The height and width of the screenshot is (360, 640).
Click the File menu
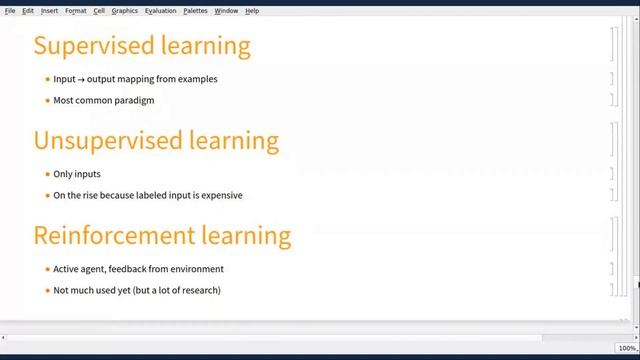coord(10,11)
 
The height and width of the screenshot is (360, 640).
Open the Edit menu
coord(28,11)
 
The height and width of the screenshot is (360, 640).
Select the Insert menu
coord(49,11)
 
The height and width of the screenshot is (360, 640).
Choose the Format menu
coord(76,11)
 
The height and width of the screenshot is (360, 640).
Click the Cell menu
coord(99,11)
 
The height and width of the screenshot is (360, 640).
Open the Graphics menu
coord(125,11)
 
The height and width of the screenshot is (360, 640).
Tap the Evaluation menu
coord(160,11)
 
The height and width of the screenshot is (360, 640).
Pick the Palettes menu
coord(195,11)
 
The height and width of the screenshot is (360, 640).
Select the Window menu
coord(226,11)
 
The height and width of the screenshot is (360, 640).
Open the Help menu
coord(252,11)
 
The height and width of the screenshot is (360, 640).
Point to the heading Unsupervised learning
coord(156,140)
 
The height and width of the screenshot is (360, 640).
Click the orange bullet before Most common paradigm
coord(47,100)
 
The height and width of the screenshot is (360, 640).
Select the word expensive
coord(221,195)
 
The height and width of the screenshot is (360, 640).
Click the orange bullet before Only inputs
coord(47,174)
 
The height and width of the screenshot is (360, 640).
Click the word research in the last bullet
coord(198,290)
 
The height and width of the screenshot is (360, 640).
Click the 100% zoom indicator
coord(627,348)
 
